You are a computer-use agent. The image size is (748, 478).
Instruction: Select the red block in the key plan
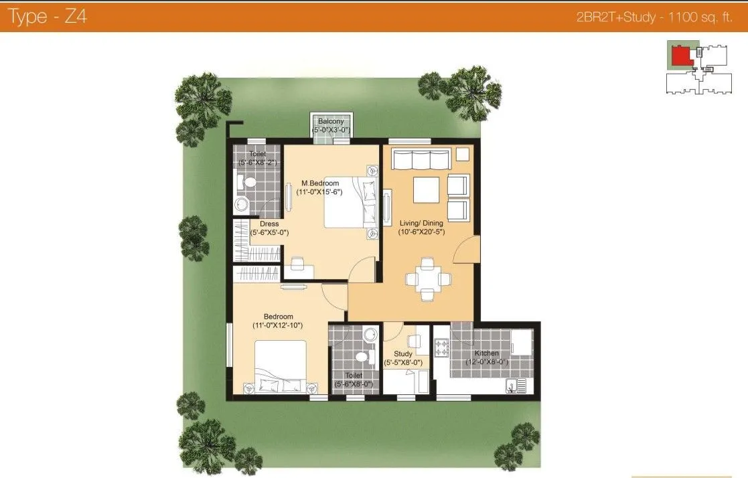(681, 55)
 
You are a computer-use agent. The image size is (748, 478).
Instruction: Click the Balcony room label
(331, 121)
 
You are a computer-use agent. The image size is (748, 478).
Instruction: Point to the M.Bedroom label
(320, 183)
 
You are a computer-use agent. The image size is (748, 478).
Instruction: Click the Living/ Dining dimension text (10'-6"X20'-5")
(421, 232)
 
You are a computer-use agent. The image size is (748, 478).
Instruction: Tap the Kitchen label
(487, 353)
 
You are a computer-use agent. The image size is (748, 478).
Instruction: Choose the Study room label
(403, 354)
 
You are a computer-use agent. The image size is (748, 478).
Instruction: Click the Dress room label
(269, 224)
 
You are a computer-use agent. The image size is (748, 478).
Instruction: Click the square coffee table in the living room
(426, 189)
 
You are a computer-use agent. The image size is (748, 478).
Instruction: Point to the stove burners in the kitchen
(441, 348)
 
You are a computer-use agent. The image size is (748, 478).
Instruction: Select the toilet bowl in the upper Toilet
(248, 181)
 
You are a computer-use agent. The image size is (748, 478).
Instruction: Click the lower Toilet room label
(353, 376)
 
